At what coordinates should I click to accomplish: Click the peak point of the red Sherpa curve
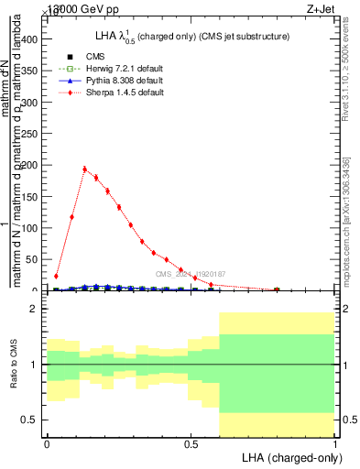pos(85,169)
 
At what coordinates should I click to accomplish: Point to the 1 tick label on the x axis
pos(335,443)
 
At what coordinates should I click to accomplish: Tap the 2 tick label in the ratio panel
pos(36,310)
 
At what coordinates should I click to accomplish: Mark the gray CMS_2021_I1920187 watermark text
pos(190,274)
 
